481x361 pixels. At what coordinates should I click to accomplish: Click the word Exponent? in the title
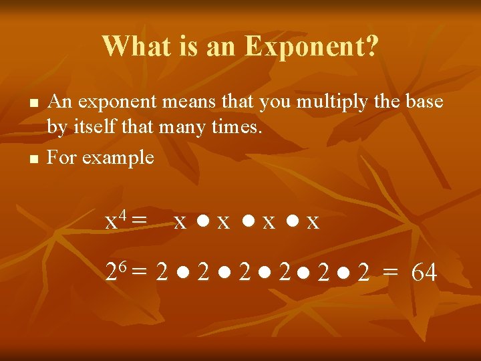pyautogui.click(x=311, y=46)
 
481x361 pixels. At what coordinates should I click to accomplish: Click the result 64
pyautogui.click(x=424, y=273)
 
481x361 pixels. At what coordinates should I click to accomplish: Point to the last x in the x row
pyautogui.click(x=313, y=222)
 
